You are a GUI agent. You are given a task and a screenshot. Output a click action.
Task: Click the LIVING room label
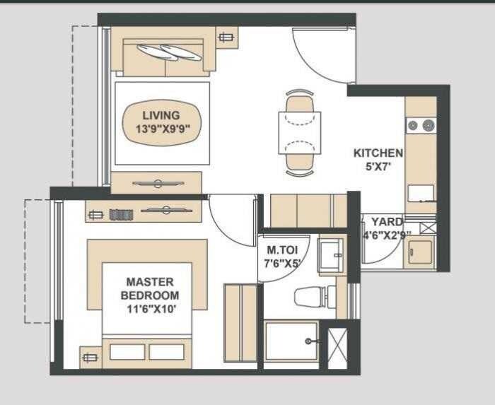pyautogui.click(x=161, y=115)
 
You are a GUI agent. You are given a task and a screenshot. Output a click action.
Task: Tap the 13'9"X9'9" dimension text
pyautogui.click(x=161, y=129)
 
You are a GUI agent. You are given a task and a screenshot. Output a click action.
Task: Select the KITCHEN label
pyautogui.click(x=378, y=153)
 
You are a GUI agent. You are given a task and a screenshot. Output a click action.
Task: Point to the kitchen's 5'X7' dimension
pyautogui.click(x=378, y=167)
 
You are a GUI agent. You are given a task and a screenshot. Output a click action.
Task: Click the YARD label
pyautogui.click(x=387, y=222)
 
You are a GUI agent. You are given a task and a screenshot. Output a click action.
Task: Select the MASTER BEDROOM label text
pyautogui.click(x=149, y=288)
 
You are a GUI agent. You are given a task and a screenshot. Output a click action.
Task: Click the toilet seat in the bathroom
pyautogui.click(x=310, y=297)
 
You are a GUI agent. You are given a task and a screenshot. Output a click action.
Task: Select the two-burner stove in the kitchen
pyautogui.click(x=420, y=126)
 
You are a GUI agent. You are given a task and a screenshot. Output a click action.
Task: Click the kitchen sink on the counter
pyautogui.click(x=420, y=192)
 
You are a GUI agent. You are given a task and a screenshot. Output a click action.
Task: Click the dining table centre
pyautogui.click(x=299, y=132)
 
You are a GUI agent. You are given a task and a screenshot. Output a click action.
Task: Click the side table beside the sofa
pyautogui.click(x=226, y=38)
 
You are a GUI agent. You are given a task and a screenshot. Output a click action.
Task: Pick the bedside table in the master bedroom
pyautogui.click(x=90, y=358)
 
